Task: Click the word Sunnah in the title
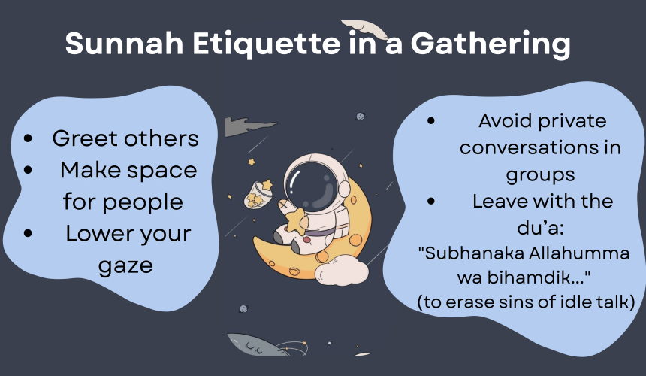pos(125,43)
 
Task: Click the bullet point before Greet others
pos(28,138)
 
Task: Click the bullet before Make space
pos(28,170)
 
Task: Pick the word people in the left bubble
pos(143,203)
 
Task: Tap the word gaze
pos(125,266)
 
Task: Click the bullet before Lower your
pos(28,233)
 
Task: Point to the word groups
pos(540,175)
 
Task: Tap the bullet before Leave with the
pos(431,202)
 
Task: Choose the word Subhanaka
pos(472,253)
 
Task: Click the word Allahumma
pos(579,253)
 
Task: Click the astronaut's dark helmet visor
pos(312,186)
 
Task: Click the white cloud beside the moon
pos(342,271)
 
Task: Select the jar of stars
pos(258,194)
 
